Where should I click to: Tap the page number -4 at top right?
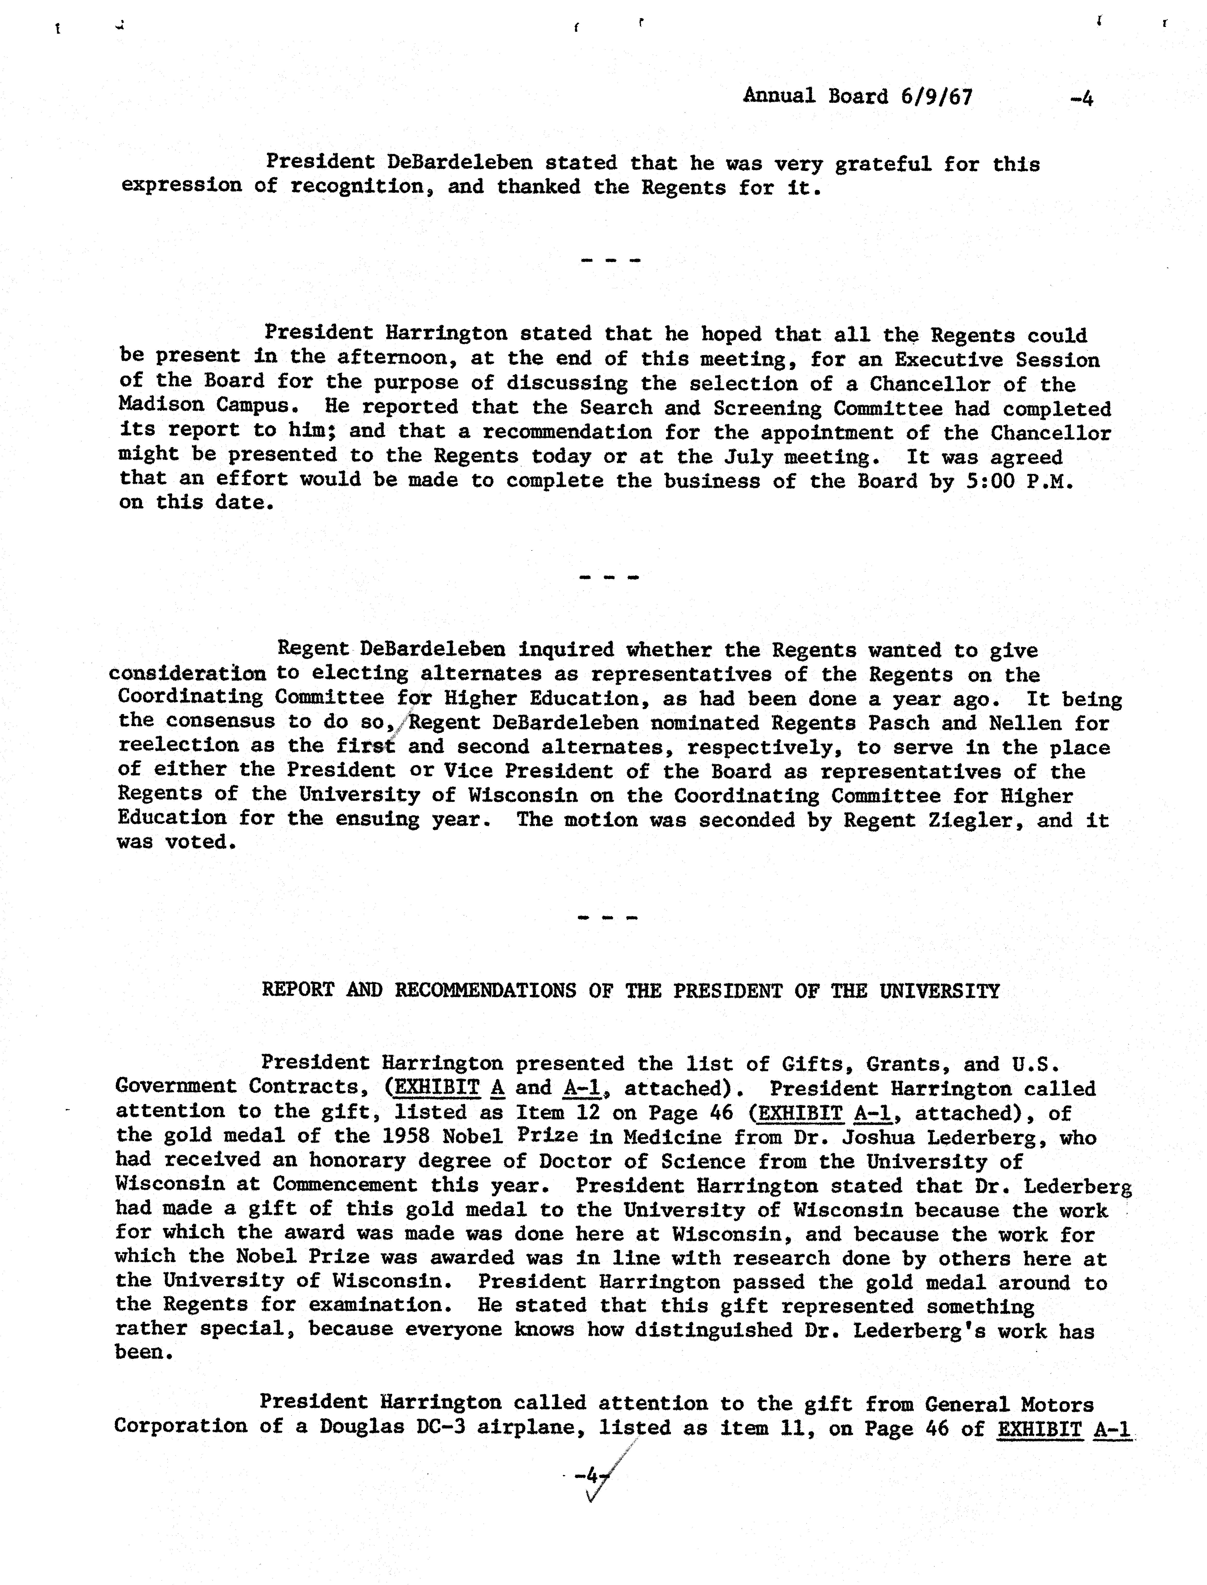[x=1081, y=98]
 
